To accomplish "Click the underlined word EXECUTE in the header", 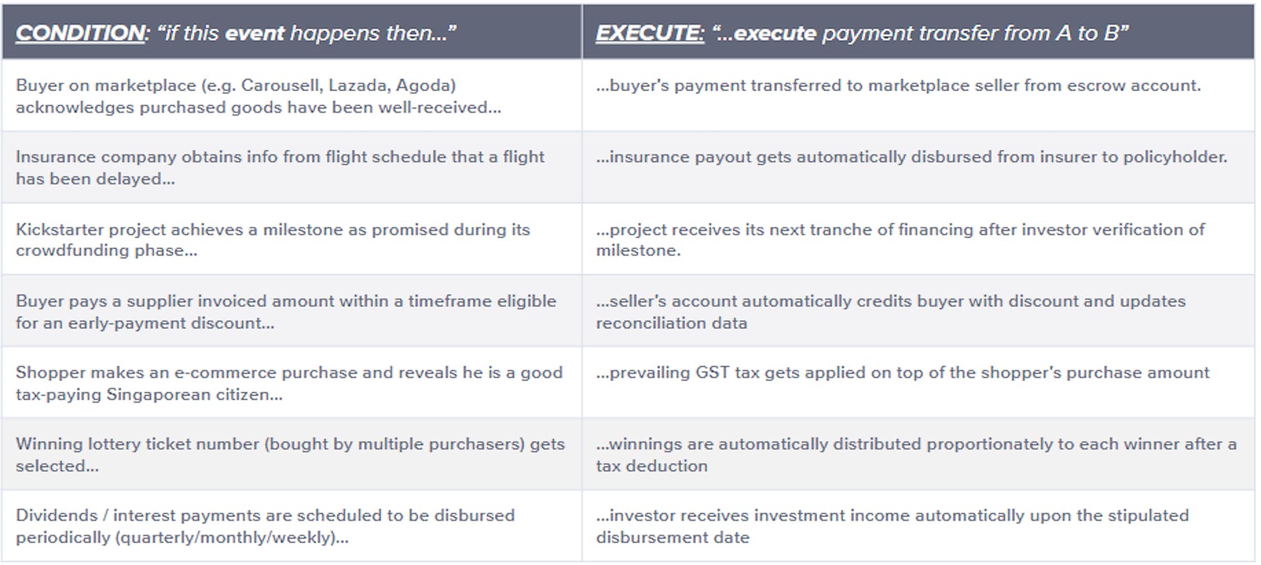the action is [x=650, y=33].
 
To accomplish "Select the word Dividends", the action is [x=56, y=516].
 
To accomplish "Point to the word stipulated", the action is [x=1149, y=516].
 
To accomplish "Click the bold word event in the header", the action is [x=255, y=33].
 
